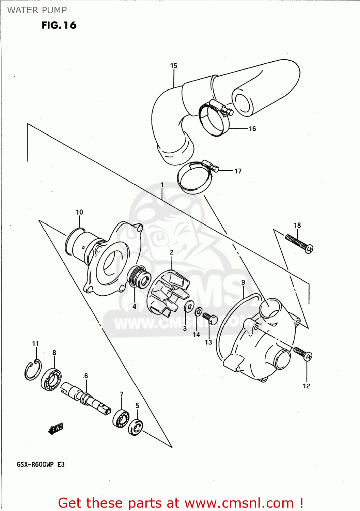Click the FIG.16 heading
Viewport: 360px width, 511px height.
(x=59, y=25)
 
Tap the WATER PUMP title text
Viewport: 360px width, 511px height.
(x=37, y=10)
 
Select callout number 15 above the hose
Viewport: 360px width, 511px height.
(x=174, y=66)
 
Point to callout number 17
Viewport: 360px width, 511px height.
(x=238, y=171)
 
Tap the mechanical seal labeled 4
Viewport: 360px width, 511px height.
(x=139, y=277)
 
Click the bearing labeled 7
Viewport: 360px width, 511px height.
(x=121, y=418)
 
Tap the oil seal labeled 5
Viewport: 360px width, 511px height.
(x=136, y=428)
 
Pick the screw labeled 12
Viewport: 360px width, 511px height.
(x=303, y=354)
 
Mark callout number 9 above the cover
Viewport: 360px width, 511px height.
(x=243, y=282)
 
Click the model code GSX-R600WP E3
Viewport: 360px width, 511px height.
(x=41, y=464)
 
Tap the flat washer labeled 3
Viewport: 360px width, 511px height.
(x=189, y=306)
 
